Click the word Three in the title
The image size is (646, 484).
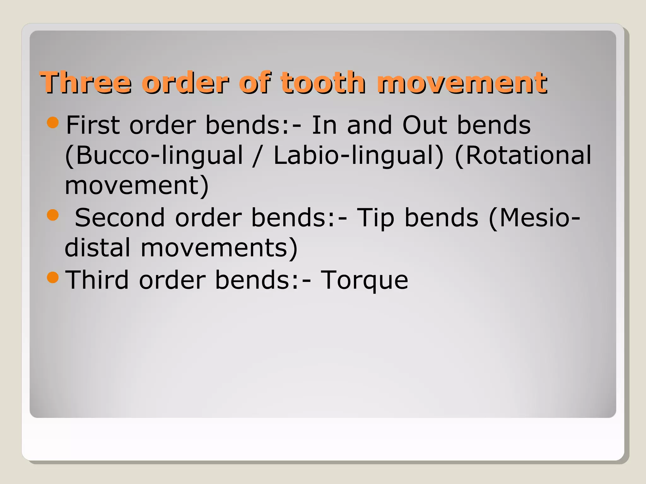[85, 83]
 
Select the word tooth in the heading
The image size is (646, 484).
[323, 83]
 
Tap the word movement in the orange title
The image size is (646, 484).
[462, 83]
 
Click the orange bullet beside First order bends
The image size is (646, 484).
[53, 123]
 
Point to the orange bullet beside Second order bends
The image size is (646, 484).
[53, 215]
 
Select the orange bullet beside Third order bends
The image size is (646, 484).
[53, 277]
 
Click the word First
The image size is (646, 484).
[93, 125]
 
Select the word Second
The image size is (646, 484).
[120, 218]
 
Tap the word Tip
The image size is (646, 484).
[376, 218]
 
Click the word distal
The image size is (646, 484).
[97, 248]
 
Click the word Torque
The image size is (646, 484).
[364, 280]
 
